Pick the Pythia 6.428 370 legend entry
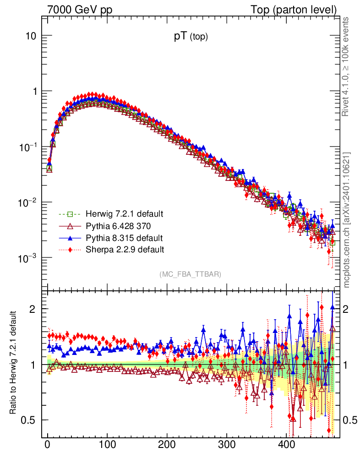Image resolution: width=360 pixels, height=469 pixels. click(118, 226)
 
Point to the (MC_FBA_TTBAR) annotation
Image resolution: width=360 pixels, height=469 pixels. click(191, 274)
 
